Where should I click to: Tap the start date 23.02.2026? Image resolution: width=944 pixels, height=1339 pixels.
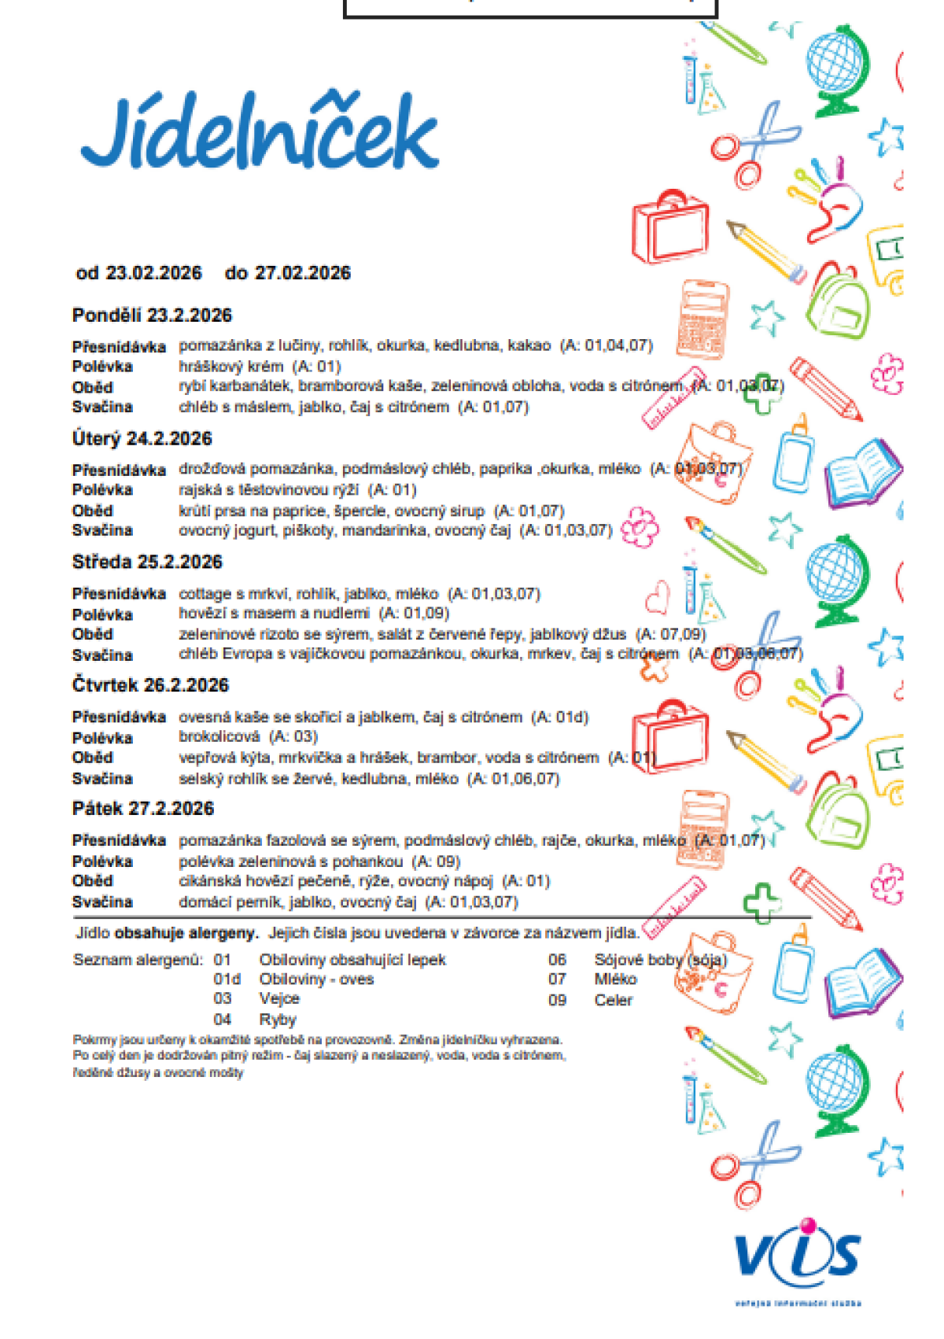coord(153,273)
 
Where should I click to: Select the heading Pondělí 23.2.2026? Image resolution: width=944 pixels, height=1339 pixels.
coord(152,315)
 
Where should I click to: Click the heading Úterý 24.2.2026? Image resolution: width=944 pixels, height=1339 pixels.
coord(142,439)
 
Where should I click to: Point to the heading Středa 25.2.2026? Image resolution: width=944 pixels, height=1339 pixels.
coord(147,562)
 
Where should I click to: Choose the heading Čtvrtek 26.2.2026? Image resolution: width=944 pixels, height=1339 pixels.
coord(150,685)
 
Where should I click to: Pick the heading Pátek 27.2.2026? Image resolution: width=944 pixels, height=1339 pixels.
coord(142,809)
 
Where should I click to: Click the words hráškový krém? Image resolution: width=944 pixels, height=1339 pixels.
coord(230,366)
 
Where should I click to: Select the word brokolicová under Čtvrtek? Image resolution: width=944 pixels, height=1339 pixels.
coord(219,736)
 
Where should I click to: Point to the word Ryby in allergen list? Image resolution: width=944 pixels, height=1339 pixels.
coord(278,1020)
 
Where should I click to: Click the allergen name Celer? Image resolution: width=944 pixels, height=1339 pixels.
coord(613,1000)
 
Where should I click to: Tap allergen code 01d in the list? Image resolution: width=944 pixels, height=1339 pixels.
coord(227,979)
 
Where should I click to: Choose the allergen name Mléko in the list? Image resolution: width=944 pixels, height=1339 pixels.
coord(615,979)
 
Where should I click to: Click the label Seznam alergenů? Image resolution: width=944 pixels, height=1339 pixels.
coord(138,960)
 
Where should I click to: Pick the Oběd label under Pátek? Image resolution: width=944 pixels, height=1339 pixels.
coord(93,881)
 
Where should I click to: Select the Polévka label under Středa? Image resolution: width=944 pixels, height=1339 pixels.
coord(102,614)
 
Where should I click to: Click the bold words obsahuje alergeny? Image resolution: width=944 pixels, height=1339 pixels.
coord(186,933)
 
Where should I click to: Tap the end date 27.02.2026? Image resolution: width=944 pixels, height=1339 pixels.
coord(303,273)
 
